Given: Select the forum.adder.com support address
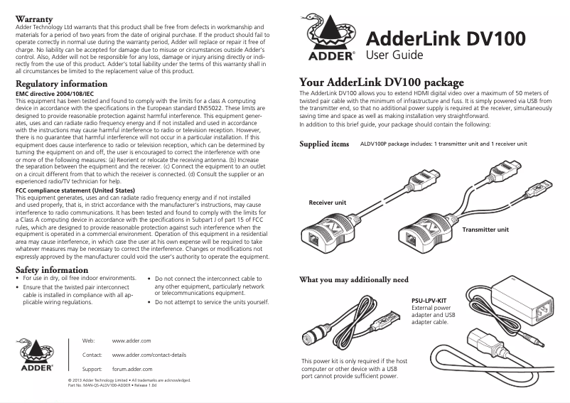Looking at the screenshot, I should pos(132,370).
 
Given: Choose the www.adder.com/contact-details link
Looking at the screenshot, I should pos(149,354).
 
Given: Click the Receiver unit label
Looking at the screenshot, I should pos(327,203).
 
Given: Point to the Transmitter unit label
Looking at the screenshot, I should pos(485,230).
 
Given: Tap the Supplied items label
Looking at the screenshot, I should pos(324,144).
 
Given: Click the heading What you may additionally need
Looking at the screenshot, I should pos(354,279).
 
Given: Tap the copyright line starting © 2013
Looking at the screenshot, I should pos(128,381).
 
